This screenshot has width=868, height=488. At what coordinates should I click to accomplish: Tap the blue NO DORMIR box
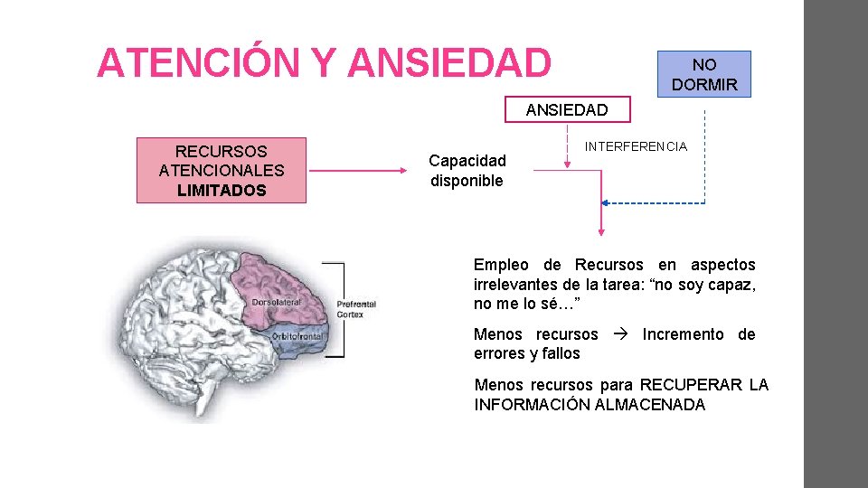point(704,75)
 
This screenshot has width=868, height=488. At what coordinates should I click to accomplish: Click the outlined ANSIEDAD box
point(567,110)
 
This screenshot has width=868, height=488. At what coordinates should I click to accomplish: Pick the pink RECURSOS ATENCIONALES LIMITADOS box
point(222,171)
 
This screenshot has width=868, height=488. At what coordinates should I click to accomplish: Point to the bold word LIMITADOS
point(222,191)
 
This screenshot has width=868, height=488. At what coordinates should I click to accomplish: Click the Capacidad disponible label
point(467,171)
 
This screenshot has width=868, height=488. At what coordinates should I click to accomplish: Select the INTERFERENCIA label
point(636,146)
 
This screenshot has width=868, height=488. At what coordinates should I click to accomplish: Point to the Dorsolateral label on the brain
point(277,302)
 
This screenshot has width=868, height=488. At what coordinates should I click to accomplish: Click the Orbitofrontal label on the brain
point(299,336)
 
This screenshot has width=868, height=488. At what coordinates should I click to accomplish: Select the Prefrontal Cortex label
point(356,309)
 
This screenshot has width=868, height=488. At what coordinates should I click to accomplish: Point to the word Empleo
point(501,265)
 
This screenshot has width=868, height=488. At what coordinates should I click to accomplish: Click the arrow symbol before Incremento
point(620,334)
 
